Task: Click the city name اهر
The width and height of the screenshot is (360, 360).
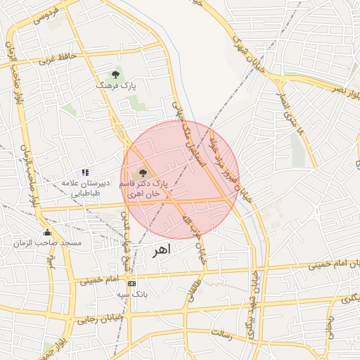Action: coord(161,252)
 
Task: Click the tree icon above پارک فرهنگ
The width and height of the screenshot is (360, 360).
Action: coord(115,74)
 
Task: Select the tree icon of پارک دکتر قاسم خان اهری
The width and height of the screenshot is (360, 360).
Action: coord(143,172)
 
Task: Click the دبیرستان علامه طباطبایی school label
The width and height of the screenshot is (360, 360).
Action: coord(84,187)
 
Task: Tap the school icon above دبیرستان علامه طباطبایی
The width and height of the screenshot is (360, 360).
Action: coord(85,172)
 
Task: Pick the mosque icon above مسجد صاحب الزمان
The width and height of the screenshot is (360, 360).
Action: coord(47,233)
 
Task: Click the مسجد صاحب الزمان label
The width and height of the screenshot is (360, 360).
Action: coord(48,243)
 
